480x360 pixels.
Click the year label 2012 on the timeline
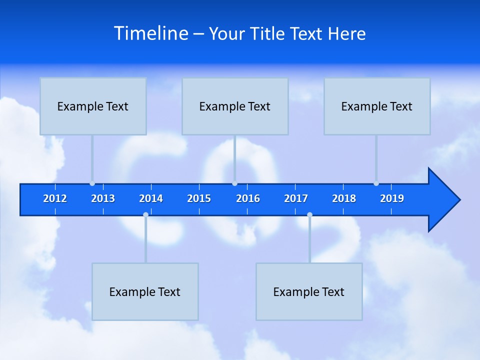tap(55, 198)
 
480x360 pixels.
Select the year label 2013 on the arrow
tap(103, 198)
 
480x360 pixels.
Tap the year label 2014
tap(151, 198)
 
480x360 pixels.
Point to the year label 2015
tap(199, 198)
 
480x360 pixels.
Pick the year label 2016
tap(248, 198)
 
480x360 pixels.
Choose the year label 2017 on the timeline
tap(296, 198)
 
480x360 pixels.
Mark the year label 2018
tap(344, 198)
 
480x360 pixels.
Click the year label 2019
tap(392, 198)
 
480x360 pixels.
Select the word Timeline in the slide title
tap(151, 33)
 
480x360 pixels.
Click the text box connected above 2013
tap(93, 106)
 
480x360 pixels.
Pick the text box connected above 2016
tap(235, 106)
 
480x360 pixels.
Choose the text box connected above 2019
tap(377, 106)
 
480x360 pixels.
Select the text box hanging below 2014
tap(145, 291)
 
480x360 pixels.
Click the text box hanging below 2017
tap(309, 291)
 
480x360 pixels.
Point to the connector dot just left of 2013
tap(92, 183)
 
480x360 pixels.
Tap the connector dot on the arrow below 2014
tap(145, 214)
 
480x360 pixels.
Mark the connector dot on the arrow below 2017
tap(309, 214)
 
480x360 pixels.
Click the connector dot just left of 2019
tap(376, 183)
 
